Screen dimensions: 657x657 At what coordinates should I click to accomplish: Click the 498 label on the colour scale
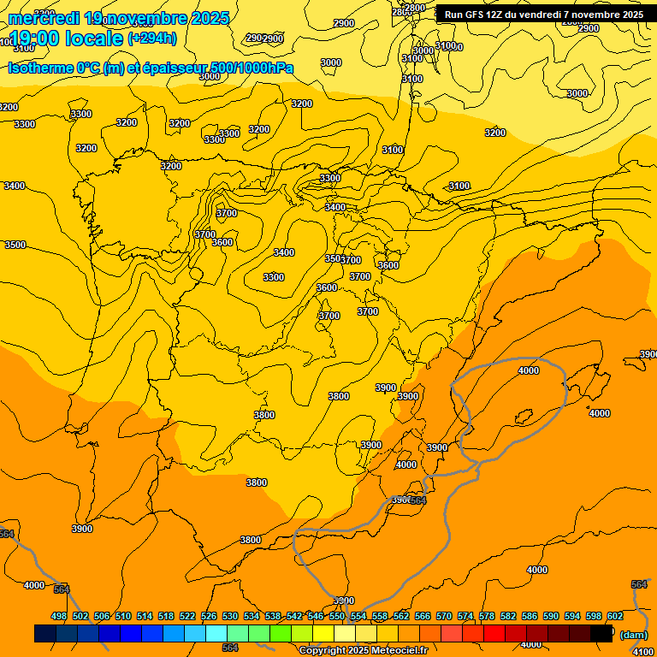[x=59, y=616]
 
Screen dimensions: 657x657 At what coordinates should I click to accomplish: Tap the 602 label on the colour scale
[x=615, y=616]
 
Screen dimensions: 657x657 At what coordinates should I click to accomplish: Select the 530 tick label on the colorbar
[x=230, y=616]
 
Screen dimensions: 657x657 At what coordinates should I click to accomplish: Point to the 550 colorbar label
[x=337, y=616]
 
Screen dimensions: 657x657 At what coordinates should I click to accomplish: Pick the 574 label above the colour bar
[x=465, y=616]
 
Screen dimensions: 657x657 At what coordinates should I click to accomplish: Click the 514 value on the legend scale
[x=145, y=616]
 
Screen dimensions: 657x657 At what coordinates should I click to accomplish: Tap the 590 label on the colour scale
[x=551, y=616]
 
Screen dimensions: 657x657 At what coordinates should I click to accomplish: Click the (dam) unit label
[x=634, y=635]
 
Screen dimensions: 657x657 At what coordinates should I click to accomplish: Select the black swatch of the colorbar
[x=602, y=633]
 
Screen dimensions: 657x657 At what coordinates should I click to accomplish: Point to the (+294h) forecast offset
[x=151, y=38]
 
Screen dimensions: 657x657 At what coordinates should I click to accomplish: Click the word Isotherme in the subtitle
[x=39, y=68]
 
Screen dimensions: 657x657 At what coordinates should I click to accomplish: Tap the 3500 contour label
[x=15, y=245]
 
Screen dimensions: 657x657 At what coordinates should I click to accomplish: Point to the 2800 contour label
[x=415, y=8]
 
